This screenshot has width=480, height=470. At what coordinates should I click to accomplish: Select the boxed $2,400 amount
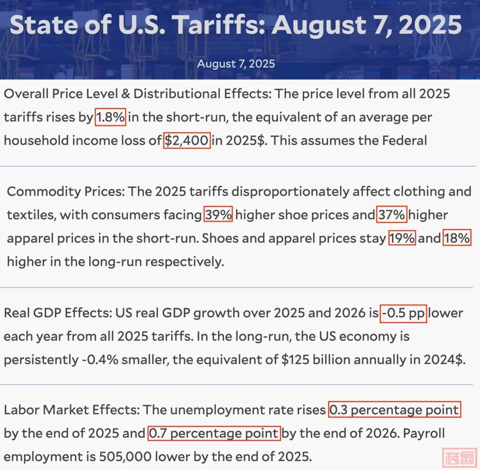coord(187,141)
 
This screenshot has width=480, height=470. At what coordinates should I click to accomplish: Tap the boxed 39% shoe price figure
coord(218,215)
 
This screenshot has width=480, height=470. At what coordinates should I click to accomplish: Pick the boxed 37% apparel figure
coord(392,215)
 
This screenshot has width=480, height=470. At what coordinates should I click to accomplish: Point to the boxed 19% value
coord(402,238)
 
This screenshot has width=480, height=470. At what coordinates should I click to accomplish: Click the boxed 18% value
coord(457,238)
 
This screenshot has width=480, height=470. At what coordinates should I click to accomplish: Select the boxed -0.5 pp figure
coord(404,313)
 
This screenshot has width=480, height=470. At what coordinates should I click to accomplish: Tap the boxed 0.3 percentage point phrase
coord(394,409)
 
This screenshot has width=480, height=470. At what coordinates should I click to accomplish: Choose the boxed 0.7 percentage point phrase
coord(214,433)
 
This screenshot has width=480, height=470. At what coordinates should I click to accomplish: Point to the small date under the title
coord(236,64)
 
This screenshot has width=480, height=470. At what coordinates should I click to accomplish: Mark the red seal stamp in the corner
coord(460,457)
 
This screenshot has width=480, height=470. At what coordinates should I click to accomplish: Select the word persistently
coord(40,360)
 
